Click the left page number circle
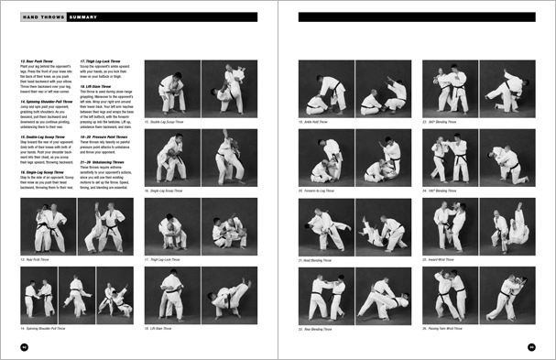click(x=25, y=346)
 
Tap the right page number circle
click(x=530, y=346)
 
